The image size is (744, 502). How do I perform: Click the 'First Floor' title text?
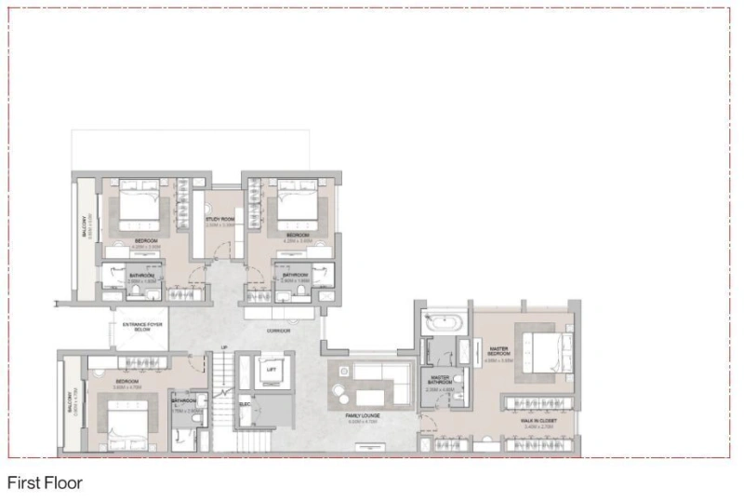click(45, 483)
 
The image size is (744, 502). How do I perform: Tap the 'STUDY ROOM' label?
click(219, 220)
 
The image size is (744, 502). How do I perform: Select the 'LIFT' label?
click(272, 370)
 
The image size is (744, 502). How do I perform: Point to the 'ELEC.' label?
click(246, 404)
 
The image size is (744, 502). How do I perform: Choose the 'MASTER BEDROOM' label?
click(500, 351)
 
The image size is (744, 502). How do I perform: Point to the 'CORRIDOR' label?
click(277, 331)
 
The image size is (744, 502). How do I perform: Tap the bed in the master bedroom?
click(544, 350)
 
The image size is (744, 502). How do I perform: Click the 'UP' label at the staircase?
click(224, 348)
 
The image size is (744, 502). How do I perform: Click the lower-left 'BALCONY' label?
click(69, 402)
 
